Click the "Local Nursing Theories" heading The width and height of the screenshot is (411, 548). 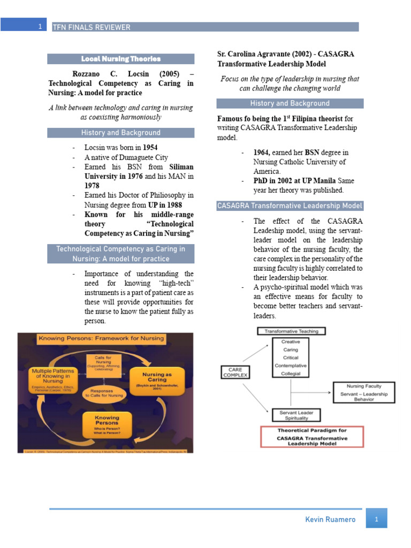click(x=120, y=59)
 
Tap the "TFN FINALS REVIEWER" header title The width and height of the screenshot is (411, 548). click(x=92, y=27)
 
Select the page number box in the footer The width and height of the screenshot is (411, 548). click(x=376, y=519)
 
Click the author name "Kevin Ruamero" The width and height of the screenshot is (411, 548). click(x=330, y=520)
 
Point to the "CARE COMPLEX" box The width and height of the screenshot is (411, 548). click(x=235, y=372)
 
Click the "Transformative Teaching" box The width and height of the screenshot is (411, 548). click(x=291, y=331)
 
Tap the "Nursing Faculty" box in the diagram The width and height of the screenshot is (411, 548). click(x=364, y=392)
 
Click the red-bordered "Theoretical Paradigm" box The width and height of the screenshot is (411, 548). click(x=312, y=437)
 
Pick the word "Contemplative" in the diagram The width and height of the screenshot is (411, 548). click(x=291, y=366)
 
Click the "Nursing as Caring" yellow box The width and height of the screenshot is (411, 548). click(x=156, y=379)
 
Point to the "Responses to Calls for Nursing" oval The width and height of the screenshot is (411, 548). click(x=105, y=394)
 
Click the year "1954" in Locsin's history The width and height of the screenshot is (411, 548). click(x=150, y=147)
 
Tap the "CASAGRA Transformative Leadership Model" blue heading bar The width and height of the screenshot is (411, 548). click(x=290, y=206)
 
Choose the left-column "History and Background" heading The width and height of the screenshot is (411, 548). click(x=120, y=133)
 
